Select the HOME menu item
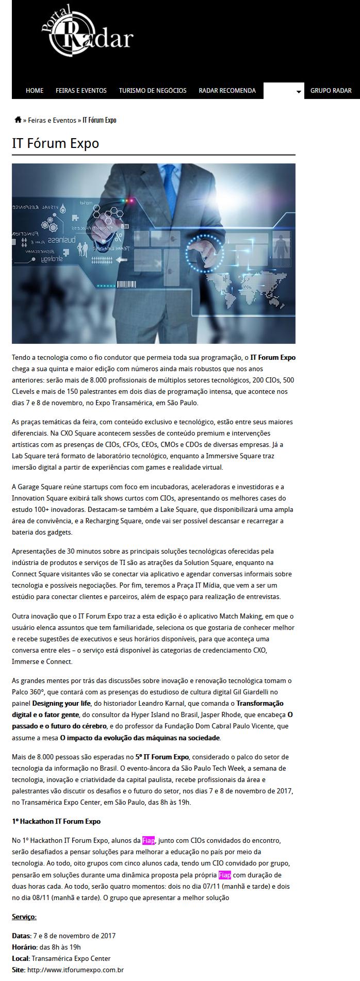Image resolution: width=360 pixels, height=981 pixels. pyautogui.click(x=35, y=90)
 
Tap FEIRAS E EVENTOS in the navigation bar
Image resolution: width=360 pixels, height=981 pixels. pyautogui.click(x=81, y=90)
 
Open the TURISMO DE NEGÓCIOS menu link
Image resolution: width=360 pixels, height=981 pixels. pyautogui.click(x=153, y=90)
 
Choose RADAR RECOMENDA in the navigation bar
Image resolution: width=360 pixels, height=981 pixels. pyautogui.click(x=227, y=90)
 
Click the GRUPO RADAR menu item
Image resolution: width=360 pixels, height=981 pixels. pyautogui.click(x=331, y=90)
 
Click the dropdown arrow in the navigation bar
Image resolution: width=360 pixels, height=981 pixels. pyautogui.click(x=298, y=92)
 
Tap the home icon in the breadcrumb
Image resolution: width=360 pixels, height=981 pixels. pyautogui.click(x=18, y=120)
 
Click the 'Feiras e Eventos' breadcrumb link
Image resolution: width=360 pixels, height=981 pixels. pyautogui.click(x=52, y=120)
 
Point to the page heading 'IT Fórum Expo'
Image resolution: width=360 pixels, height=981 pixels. pyautogui.click(x=55, y=143)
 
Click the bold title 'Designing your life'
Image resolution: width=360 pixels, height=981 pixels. pyautogui.click(x=62, y=703)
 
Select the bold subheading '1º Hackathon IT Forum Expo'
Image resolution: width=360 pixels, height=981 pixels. pyautogui.click(x=56, y=821)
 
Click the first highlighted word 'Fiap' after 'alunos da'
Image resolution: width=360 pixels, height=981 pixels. pyautogui.click(x=149, y=840)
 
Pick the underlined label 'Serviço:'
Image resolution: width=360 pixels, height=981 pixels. pyautogui.click(x=24, y=917)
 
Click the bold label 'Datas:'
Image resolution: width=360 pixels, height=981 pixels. pyautogui.click(x=22, y=936)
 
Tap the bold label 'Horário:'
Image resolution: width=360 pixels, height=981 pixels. pyautogui.click(x=24, y=947)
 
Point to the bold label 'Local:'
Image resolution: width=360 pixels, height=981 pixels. pyautogui.click(x=21, y=958)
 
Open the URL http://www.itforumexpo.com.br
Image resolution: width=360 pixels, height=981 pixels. pyautogui.click(x=75, y=970)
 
